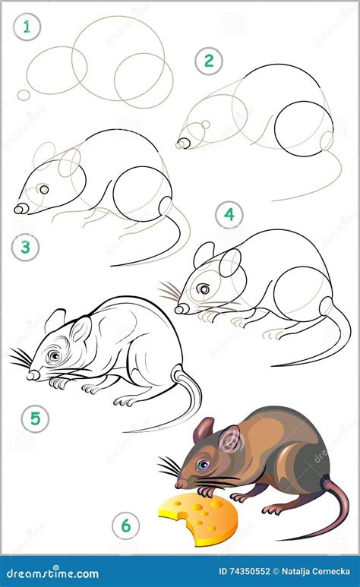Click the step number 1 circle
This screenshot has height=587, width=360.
(29, 29)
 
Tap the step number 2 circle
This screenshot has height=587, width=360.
(207, 61)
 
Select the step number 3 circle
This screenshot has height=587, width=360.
(26, 247)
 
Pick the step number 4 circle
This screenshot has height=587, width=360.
(229, 215)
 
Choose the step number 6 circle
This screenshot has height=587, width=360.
(125, 525)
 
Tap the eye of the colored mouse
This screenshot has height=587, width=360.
(203, 464)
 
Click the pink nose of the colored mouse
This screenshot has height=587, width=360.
(177, 482)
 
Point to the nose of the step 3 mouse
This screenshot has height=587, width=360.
(20, 207)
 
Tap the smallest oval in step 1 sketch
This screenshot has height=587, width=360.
(24, 95)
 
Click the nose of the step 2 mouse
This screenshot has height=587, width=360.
(182, 143)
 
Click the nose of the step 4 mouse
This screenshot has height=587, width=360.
(179, 308)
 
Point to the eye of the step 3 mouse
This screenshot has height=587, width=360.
(44, 189)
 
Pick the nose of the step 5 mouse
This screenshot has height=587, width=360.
(32, 374)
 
